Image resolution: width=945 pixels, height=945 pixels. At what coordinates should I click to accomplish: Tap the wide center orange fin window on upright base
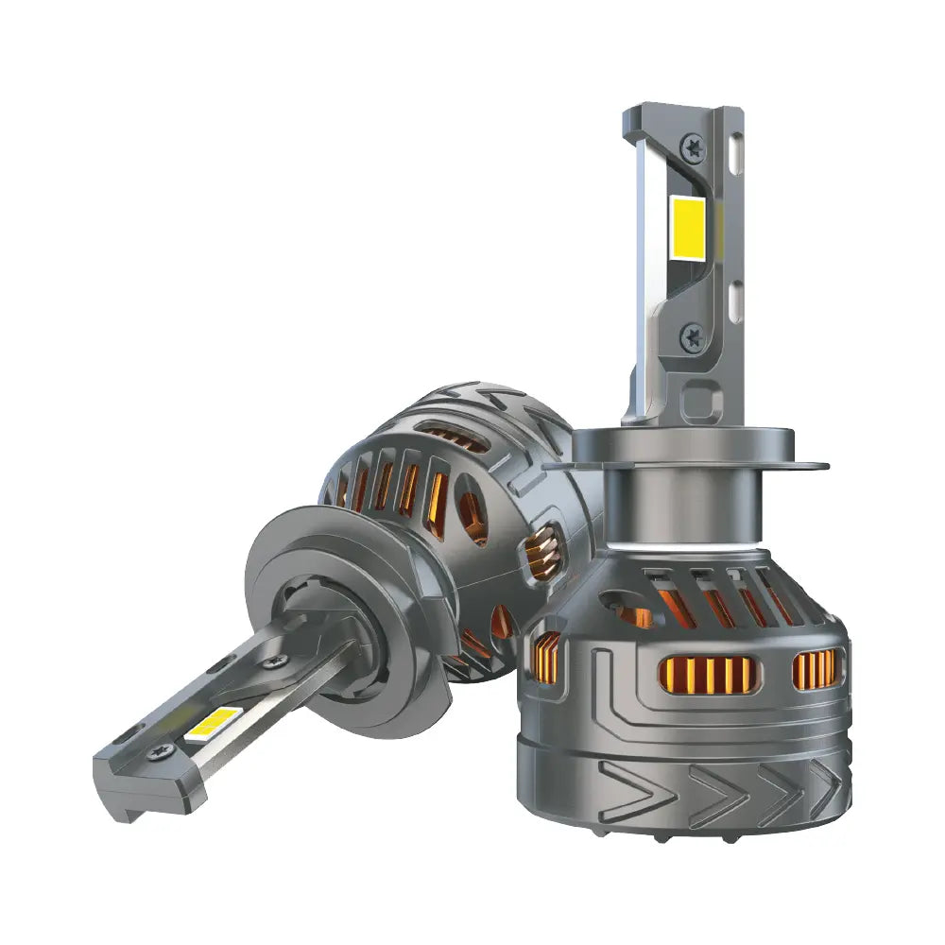pyautogui.click(x=707, y=672)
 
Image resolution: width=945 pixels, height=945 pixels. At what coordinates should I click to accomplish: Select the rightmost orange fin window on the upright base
pyautogui.click(x=815, y=668)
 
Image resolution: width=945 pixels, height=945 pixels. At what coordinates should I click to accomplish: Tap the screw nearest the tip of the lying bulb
pyautogui.click(x=158, y=753)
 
